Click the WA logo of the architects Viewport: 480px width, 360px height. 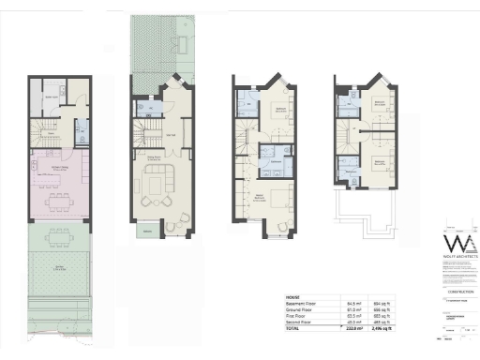coord(455,247)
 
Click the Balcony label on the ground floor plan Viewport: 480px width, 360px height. coord(145,231)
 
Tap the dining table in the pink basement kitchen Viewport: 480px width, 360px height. coord(59,198)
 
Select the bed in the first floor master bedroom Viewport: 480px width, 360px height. coord(277,198)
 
